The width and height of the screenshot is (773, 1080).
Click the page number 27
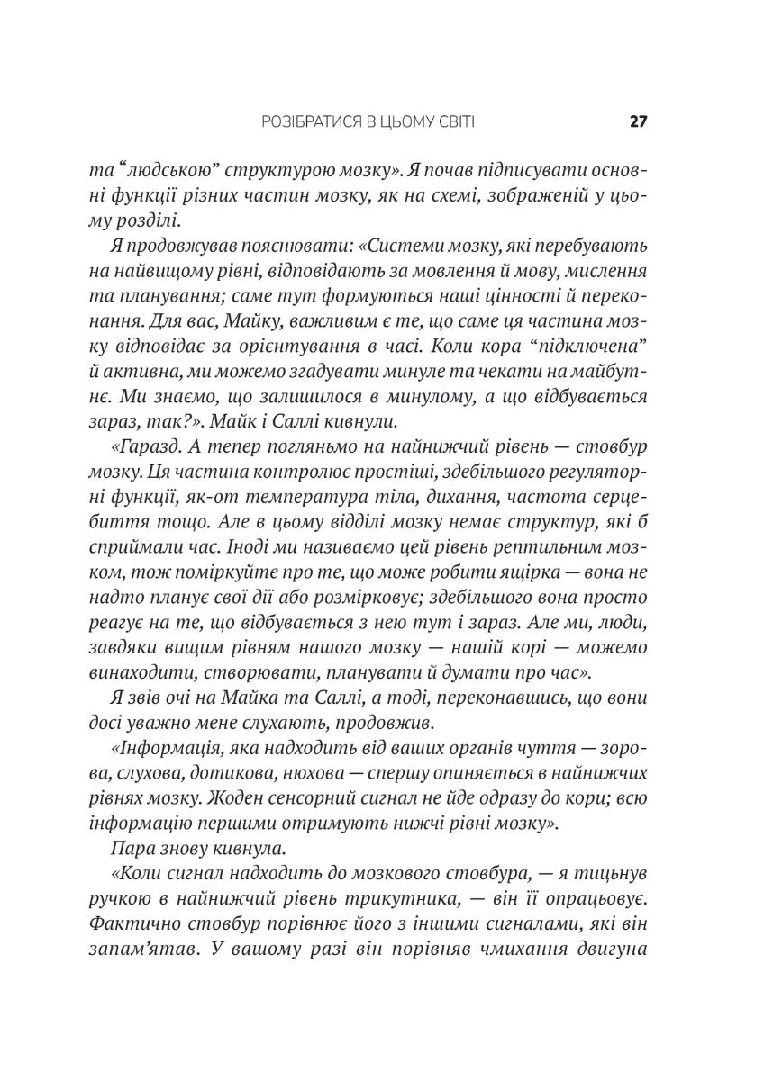tap(639, 121)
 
